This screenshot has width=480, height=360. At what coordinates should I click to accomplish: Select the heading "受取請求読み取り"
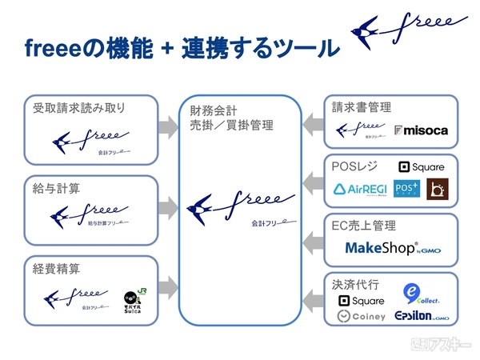click(80, 107)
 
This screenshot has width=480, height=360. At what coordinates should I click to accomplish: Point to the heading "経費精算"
click(56, 269)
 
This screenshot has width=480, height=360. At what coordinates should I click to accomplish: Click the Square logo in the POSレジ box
click(421, 167)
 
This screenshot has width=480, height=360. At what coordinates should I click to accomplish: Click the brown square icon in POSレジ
click(437, 189)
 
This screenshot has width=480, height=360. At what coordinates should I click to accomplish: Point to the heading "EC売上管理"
click(363, 226)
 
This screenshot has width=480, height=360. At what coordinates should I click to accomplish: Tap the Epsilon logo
click(422, 317)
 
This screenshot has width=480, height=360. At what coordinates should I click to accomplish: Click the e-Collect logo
click(418, 294)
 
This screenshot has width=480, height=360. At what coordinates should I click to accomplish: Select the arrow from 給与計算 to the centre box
click(166, 207)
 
